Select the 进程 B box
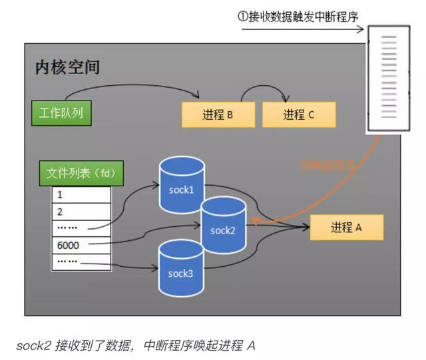[218, 114]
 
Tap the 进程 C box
[298, 114]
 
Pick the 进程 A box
[346, 228]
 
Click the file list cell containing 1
[81, 196]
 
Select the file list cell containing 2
[81, 212]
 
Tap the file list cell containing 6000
[81, 245]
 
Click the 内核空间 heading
[67, 68]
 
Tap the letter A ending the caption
[251, 345]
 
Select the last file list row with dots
[81, 262]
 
